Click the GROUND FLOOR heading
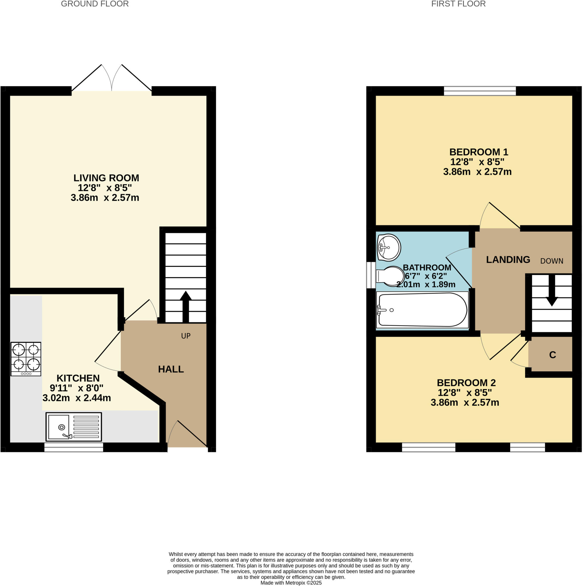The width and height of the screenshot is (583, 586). pyautogui.click(x=95, y=4)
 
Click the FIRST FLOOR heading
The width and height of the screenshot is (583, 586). pyautogui.click(x=458, y=4)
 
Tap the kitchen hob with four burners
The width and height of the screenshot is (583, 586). pyautogui.click(x=26, y=359)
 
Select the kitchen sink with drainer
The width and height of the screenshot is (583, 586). pyautogui.click(x=74, y=427)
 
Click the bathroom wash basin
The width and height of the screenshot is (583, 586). pyautogui.click(x=389, y=248)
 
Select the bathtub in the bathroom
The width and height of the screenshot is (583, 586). pyautogui.click(x=422, y=310)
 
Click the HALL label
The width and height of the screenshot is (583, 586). pyautogui.click(x=171, y=369)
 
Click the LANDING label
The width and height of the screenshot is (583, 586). pyautogui.click(x=508, y=260)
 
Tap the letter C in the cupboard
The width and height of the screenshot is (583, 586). pyautogui.click(x=552, y=355)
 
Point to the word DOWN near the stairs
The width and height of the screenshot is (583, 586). pyautogui.click(x=552, y=261)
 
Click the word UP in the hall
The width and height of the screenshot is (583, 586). pyautogui.click(x=186, y=336)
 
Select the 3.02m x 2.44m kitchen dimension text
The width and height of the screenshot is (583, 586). pyautogui.click(x=77, y=398)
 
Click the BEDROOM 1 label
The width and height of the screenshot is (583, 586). pyautogui.click(x=478, y=152)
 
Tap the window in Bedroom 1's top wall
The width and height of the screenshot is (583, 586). pyautogui.click(x=480, y=91)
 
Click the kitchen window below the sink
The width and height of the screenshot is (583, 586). pyautogui.click(x=74, y=448)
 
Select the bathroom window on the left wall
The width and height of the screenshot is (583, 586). pyautogui.click(x=371, y=275)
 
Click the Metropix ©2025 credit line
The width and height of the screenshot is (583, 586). pyautogui.click(x=291, y=583)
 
